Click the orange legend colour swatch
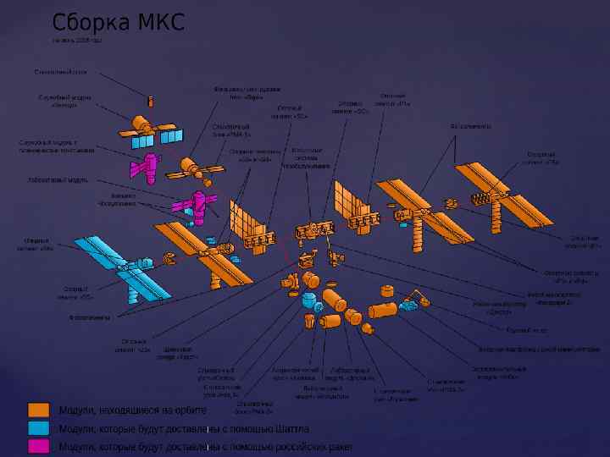pyautogui.click(x=39, y=410)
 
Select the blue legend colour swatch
pyautogui.click(x=39, y=428)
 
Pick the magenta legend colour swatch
pyautogui.click(x=39, y=446)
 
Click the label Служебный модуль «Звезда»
pyautogui.click(x=58, y=102)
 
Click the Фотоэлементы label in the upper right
pyautogui.click(x=470, y=127)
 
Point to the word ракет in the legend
pyautogui.click(x=339, y=446)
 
